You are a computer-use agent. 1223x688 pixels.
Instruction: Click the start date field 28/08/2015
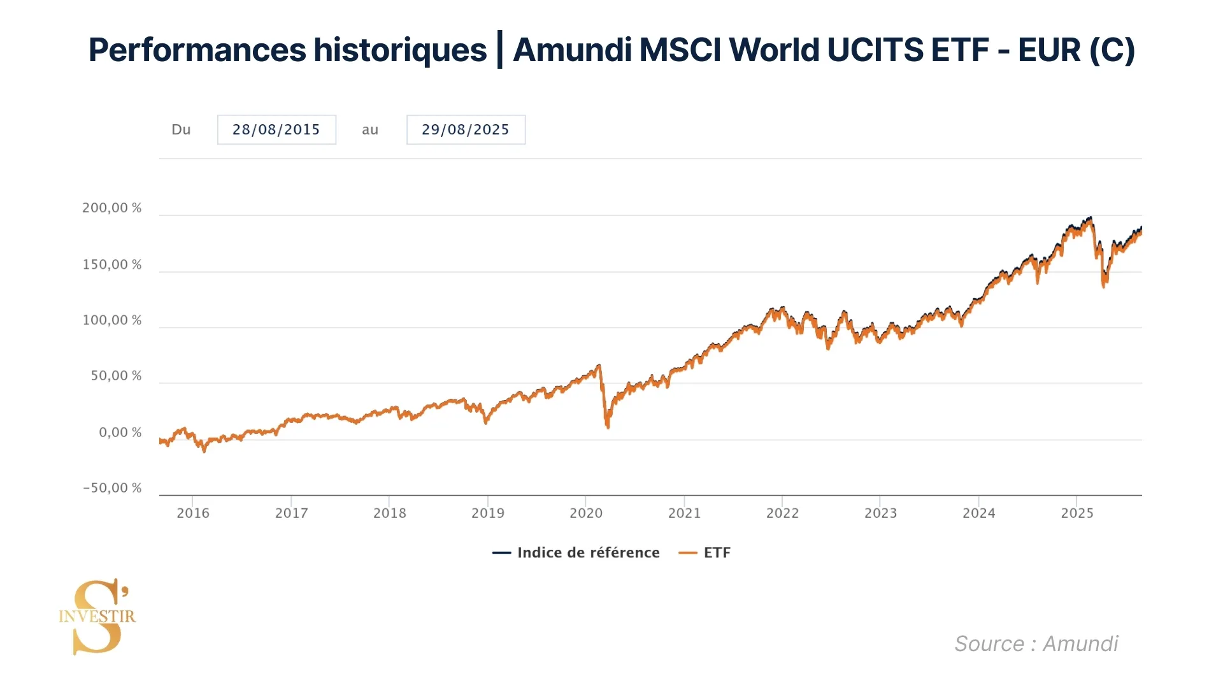click(276, 130)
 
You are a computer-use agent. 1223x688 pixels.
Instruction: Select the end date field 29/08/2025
click(466, 130)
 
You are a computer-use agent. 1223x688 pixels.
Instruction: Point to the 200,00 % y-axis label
click(112, 208)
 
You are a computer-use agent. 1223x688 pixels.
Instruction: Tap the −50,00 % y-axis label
click(112, 489)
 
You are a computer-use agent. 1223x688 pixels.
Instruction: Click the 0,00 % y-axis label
click(120, 433)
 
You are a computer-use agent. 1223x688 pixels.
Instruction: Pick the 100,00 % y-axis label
click(112, 320)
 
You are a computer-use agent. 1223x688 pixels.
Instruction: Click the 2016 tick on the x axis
click(193, 513)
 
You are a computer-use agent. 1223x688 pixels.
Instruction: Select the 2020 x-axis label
click(586, 513)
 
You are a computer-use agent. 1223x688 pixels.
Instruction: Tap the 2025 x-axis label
click(1077, 513)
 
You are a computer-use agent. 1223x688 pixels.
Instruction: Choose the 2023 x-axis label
click(880, 513)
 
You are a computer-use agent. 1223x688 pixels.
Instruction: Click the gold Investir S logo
click(97, 616)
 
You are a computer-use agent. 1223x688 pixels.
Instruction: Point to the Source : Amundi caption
click(1036, 644)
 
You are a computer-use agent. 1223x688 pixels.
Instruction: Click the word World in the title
click(774, 50)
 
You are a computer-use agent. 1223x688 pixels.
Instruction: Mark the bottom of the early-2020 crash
click(608, 426)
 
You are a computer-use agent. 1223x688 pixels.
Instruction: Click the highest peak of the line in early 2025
click(1091, 218)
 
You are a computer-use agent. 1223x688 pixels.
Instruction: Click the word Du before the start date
click(181, 130)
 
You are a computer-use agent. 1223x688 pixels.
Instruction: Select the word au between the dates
click(370, 130)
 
